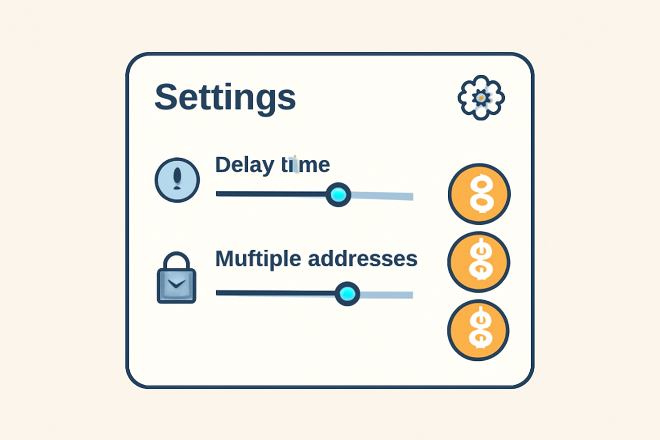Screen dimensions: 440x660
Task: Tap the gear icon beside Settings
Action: tap(481, 98)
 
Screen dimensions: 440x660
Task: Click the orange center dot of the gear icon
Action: tap(481, 98)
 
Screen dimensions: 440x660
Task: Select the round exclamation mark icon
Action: tap(177, 180)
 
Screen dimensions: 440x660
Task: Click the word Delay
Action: tap(244, 165)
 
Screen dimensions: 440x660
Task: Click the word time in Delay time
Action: tap(306, 165)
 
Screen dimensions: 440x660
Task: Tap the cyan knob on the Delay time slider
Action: tap(339, 195)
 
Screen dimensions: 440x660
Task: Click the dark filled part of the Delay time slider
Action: tap(271, 194)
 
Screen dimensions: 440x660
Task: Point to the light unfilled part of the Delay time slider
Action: tap(382, 196)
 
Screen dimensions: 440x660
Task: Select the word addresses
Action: tap(363, 259)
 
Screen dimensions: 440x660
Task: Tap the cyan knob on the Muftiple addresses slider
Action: tap(347, 294)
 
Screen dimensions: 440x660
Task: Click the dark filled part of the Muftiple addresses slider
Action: tap(275, 293)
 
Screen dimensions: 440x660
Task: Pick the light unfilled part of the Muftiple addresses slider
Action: tap(387, 295)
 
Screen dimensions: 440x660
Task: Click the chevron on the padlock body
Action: tap(177, 284)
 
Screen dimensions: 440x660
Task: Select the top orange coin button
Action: tap(479, 194)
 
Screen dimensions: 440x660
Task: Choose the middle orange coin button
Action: tap(479, 262)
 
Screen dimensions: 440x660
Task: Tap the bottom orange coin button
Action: tap(478, 330)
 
